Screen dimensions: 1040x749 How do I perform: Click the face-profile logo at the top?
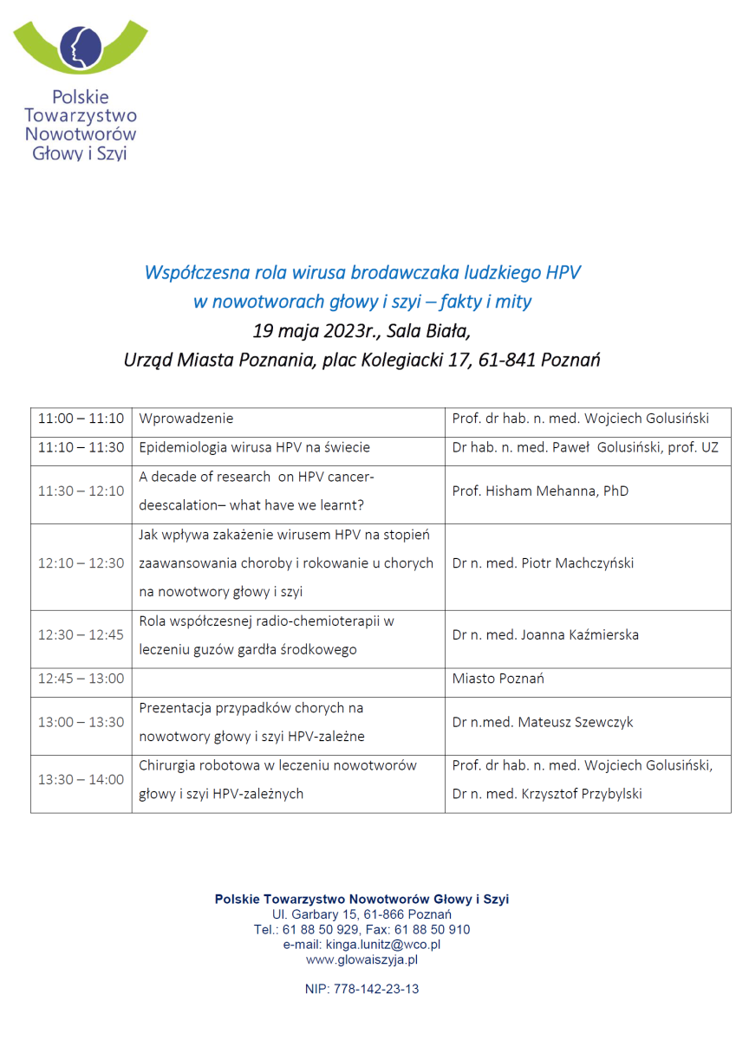click(80, 44)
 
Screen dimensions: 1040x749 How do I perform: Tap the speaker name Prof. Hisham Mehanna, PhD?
click(540, 491)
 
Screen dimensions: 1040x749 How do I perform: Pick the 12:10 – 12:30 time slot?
click(81, 563)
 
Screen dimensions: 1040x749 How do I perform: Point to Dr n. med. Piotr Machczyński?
click(543, 563)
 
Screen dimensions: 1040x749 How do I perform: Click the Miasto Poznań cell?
click(498, 679)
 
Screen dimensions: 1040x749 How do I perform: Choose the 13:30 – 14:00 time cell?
click(81, 779)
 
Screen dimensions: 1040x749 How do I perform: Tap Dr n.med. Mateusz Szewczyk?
click(544, 722)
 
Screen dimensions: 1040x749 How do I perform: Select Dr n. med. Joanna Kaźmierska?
click(545, 635)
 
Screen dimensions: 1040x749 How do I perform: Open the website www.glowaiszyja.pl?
click(361, 959)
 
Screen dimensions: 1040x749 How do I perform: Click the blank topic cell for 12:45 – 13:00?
click(289, 679)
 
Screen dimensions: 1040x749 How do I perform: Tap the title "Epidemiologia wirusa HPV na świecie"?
click(255, 448)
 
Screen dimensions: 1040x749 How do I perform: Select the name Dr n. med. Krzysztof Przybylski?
click(547, 794)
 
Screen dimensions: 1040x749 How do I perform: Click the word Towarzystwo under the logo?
click(81, 115)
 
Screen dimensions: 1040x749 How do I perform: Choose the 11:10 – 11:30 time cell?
click(81, 448)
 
